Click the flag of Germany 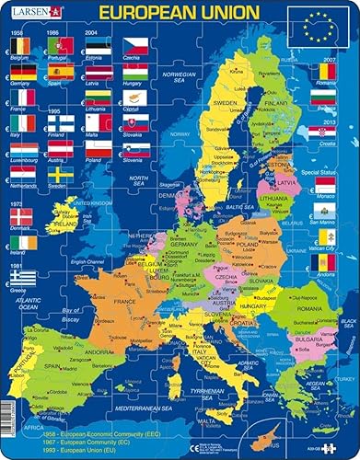[22, 69]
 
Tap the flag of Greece [22, 276]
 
